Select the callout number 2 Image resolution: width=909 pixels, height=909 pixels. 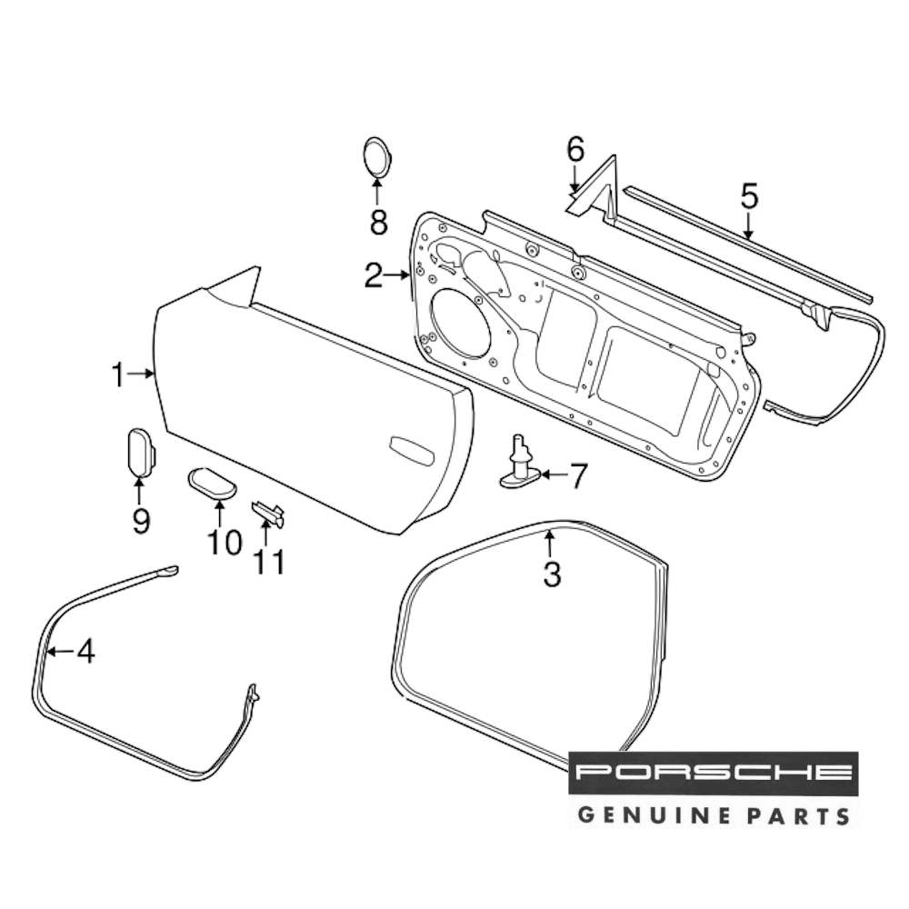click(374, 275)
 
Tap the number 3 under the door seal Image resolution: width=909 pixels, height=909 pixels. click(552, 574)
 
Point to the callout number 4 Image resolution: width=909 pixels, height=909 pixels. click(85, 651)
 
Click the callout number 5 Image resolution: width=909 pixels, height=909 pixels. click(749, 195)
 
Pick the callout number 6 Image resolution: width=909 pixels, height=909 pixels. click(575, 150)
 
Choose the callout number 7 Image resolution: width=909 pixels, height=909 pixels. click(578, 474)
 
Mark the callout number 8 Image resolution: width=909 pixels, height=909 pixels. click(378, 220)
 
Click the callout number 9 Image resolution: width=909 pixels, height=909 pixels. click(140, 521)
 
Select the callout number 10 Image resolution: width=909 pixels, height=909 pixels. click(224, 543)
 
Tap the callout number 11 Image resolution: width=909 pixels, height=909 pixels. click(269, 563)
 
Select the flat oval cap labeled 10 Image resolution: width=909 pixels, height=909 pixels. click(212, 481)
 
